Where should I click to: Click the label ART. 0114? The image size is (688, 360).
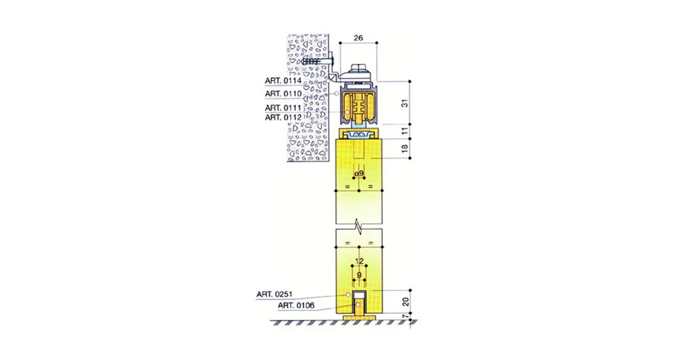283,81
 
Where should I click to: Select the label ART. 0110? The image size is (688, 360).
283,94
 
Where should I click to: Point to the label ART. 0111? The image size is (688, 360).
283,108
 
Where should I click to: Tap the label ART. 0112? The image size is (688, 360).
283,118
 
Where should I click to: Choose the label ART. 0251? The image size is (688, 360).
275,294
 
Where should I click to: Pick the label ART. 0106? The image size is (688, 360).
296,306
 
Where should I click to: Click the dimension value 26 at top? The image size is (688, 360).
358,38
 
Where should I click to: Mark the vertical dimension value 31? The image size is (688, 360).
405,103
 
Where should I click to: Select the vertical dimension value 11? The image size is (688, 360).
405,130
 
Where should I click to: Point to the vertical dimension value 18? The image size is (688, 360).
405,148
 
